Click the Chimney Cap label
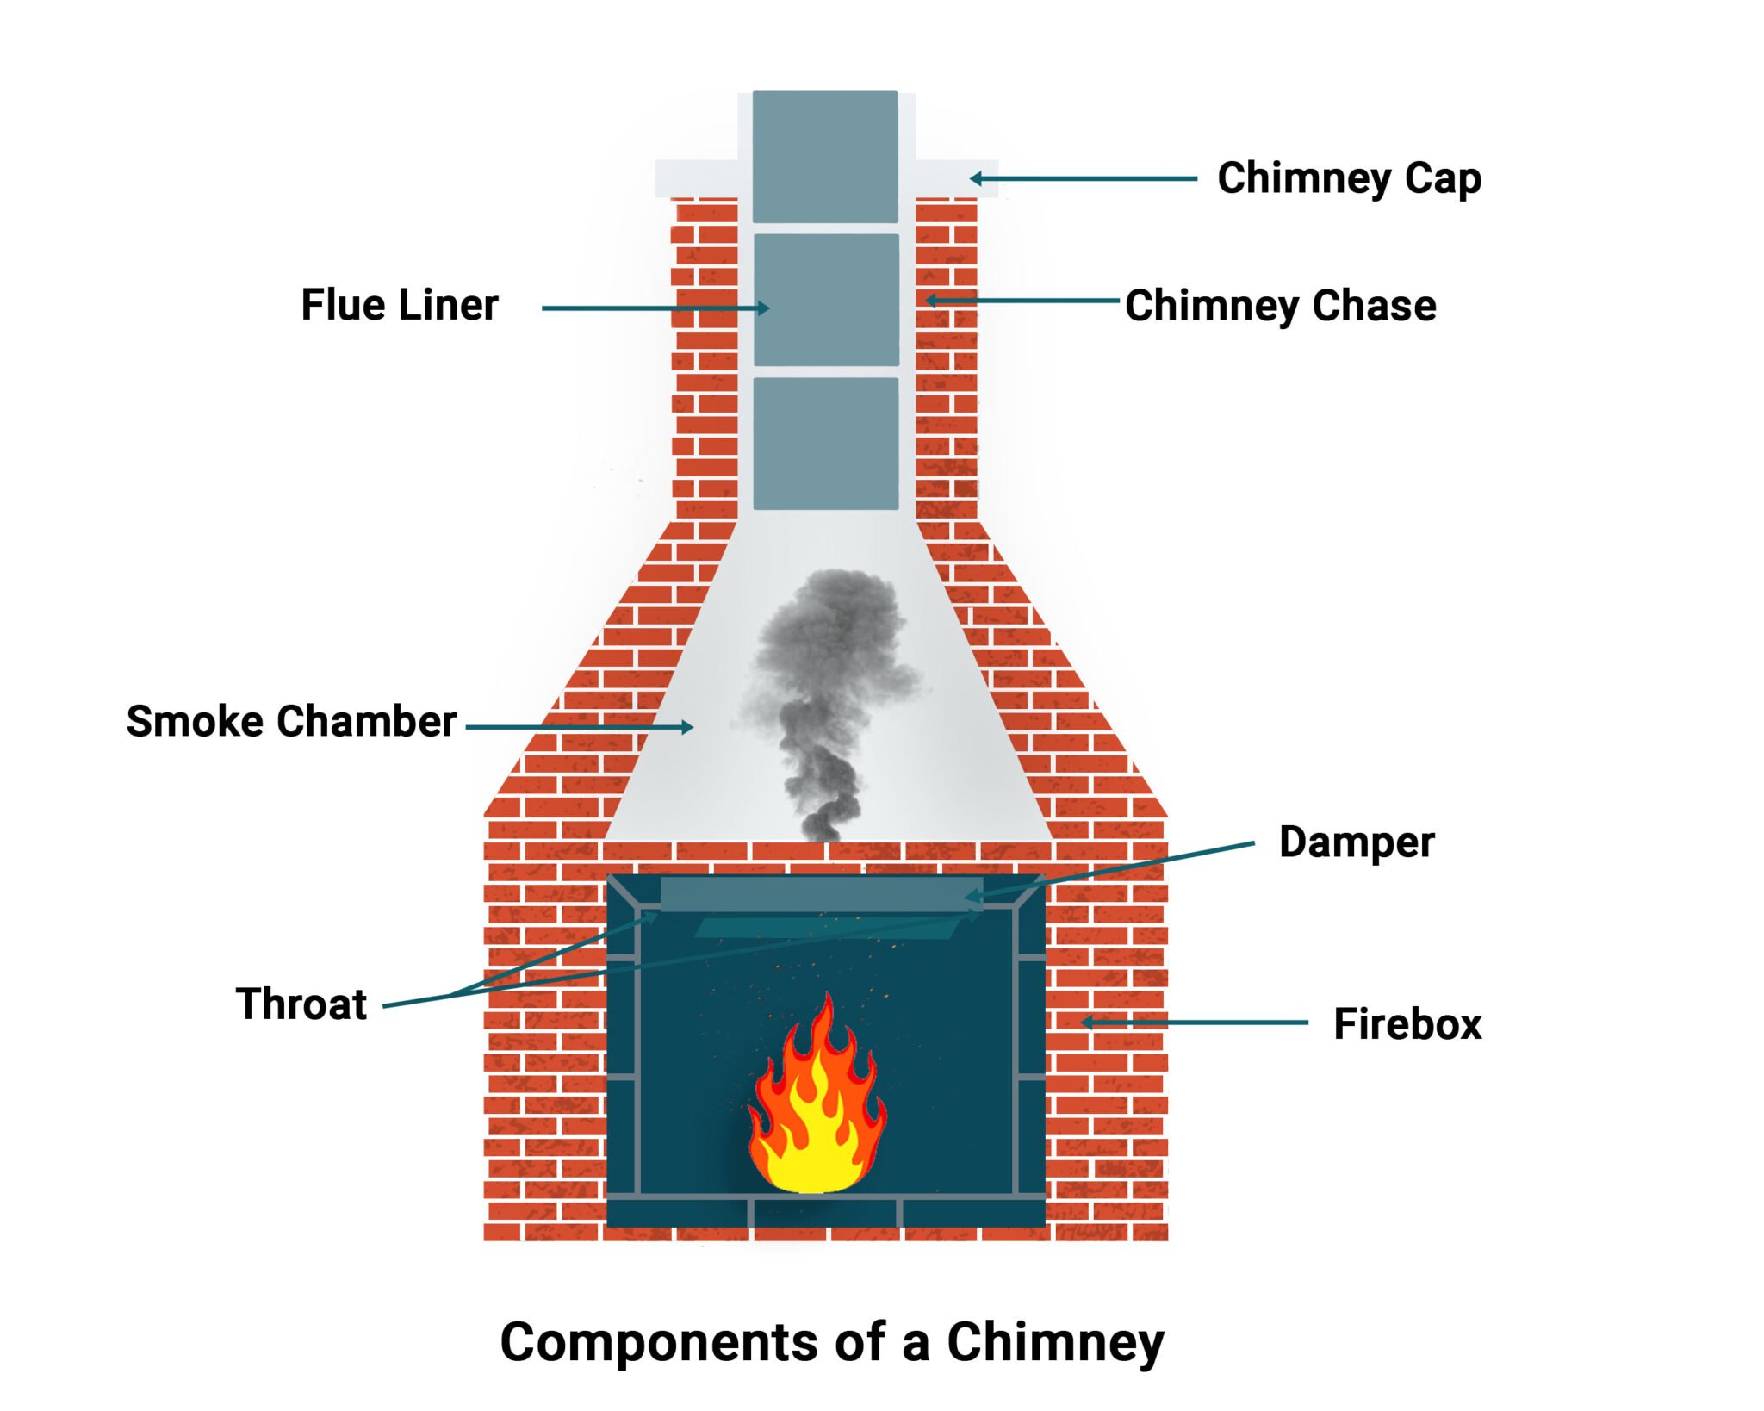(x=1348, y=178)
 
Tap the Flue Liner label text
(x=400, y=305)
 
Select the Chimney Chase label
(x=1280, y=306)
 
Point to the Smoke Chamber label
(x=291, y=721)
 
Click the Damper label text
(x=1356, y=842)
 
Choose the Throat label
(x=301, y=1004)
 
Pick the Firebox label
(x=1407, y=1023)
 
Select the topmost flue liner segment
(x=825, y=156)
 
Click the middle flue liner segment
(x=825, y=300)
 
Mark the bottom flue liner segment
(x=825, y=443)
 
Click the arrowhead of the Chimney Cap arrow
(x=975, y=178)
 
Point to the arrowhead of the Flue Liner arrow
(x=763, y=308)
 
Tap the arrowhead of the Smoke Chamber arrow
(x=687, y=727)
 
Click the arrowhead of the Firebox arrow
(x=1087, y=1023)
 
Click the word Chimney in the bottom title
(x=1055, y=1341)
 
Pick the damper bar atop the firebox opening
(x=821, y=894)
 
